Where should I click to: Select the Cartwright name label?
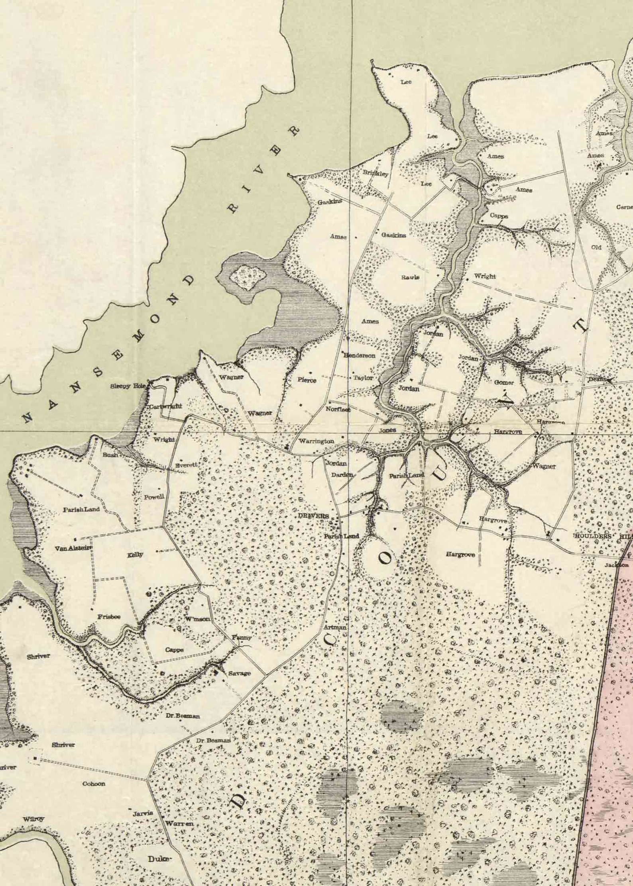pos(166,407)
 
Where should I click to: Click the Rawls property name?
pos(410,277)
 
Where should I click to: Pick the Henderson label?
pos(359,355)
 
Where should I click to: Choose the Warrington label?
pos(316,441)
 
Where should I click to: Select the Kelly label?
pos(135,555)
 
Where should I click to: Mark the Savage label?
pos(240,673)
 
